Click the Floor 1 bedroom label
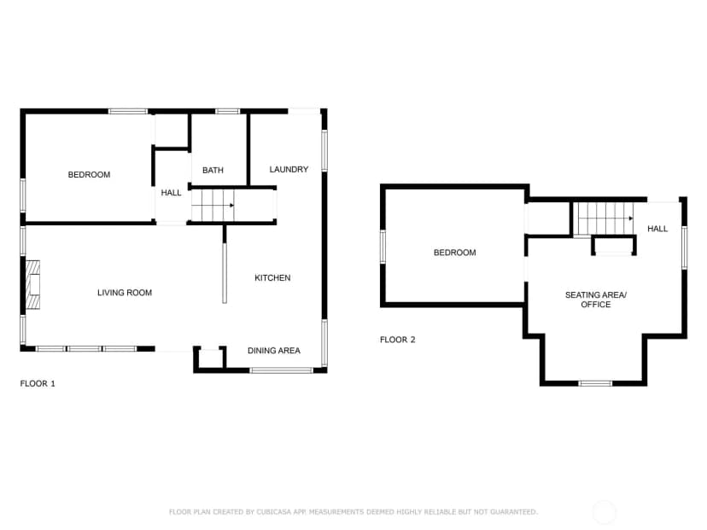(89, 174)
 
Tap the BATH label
(213, 171)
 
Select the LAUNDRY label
(289, 170)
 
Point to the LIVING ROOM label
(125, 293)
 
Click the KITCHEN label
(272, 277)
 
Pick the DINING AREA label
(274, 351)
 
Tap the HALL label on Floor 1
(171, 193)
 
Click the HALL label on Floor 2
(657, 229)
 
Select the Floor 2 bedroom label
(454, 253)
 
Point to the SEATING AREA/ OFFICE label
(596, 300)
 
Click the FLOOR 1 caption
(38, 383)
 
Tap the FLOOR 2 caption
(397, 340)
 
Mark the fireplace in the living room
(32, 285)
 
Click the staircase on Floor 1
(213, 206)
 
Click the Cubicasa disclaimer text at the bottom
(353, 512)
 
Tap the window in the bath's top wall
(227, 111)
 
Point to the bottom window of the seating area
(595, 383)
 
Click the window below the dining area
(282, 370)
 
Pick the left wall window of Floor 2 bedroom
(383, 247)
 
